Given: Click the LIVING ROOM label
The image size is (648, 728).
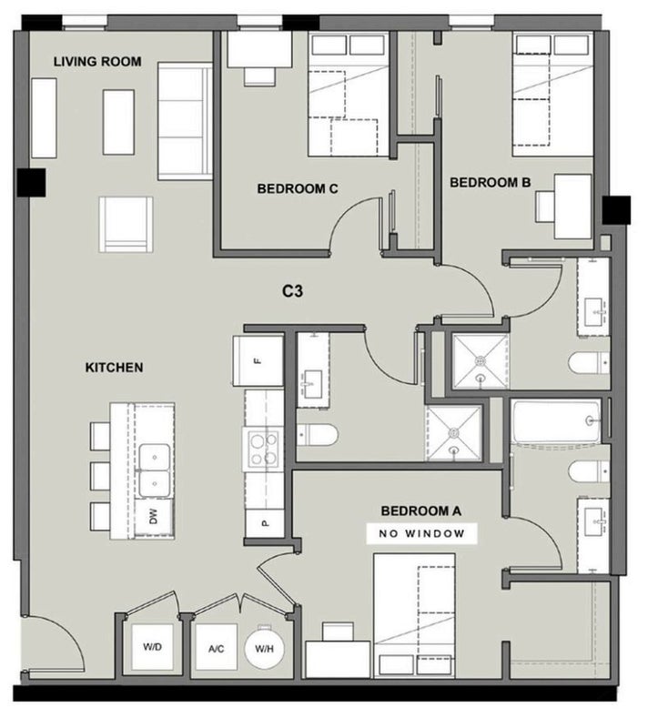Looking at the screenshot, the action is pyautogui.click(x=97, y=61).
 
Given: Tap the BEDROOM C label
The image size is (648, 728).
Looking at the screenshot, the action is pyautogui.click(x=297, y=188).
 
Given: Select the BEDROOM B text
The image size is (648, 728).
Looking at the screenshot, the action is pyautogui.click(x=490, y=183).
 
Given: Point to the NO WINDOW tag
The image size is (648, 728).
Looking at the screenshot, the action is pyautogui.click(x=421, y=533).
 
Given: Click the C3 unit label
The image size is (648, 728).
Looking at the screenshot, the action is pyautogui.click(x=292, y=291).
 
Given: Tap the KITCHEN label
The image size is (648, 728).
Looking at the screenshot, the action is pyautogui.click(x=114, y=368).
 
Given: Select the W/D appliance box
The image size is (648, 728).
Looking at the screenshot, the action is pyautogui.click(x=152, y=647).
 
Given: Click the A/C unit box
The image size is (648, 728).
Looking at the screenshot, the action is pyautogui.click(x=217, y=647).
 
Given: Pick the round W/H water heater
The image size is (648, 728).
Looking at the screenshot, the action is pyautogui.click(x=264, y=648).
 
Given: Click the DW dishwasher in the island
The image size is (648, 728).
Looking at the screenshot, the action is pyautogui.click(x=154, y=517).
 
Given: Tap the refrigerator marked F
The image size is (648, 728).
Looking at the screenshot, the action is pyautogui.click(x=258, y=360).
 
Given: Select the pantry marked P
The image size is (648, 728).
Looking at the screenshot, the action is pyautogui.click(x=265, y=522).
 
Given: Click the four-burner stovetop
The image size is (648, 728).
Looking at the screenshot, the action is pyautogui.click(x=263, y=450).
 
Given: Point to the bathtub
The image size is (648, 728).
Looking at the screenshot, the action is pyautogui.click(x=556, y=421).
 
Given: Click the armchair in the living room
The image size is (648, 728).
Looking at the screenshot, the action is pyautogui.click(x=126, y=224).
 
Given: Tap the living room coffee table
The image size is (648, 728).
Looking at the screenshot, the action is pyautogui.click(x=118, y=122).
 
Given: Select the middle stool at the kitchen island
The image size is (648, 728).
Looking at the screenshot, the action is pyautogui.click(x=100, y=476).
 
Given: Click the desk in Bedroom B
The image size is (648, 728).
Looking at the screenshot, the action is pyautogui.click(x=572, y=207).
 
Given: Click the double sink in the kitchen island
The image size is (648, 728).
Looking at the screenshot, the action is pyautogui.click(x=154, y=470).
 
